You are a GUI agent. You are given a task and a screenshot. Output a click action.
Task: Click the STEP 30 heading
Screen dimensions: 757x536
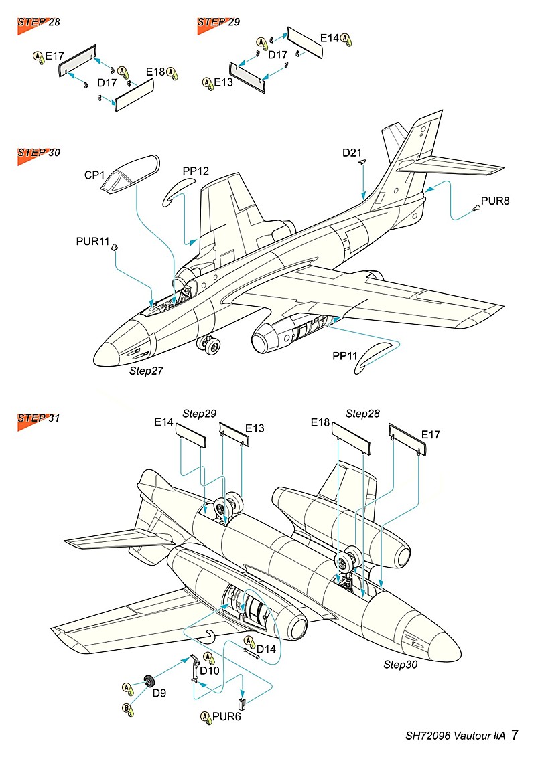[x=39, y=153]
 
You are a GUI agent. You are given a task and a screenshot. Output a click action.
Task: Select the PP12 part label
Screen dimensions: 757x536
[x=196, y=171]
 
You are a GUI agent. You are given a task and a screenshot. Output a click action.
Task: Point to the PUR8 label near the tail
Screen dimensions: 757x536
[x=495, y=201]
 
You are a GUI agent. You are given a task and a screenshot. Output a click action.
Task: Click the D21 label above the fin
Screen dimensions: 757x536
[x=352, y=153]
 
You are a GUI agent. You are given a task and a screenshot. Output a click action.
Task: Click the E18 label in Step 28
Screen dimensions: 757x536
[x=155, y=72]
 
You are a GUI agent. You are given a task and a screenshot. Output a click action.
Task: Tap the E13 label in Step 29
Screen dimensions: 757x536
[x=223, y=82]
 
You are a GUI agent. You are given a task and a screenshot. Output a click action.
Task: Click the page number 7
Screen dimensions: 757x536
[x=515, y=735]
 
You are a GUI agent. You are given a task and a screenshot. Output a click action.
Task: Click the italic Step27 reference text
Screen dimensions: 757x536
[x=147, y=369]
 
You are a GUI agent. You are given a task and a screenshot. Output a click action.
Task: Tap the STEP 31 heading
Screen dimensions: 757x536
[x=39, y=418]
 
